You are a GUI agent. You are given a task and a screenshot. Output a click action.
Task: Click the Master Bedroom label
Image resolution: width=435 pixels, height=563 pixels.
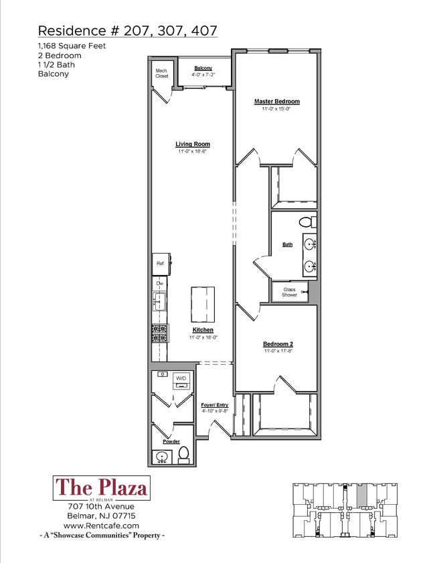pyautogui.click(x=276, y=101)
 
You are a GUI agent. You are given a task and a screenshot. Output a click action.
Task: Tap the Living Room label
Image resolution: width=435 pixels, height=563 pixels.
pyautogui.click(x=193, y=144)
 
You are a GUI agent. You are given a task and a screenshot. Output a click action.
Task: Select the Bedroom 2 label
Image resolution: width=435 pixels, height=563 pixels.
pyautogui.click(x=278, y=344)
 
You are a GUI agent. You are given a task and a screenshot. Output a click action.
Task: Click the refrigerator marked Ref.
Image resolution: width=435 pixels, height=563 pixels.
pyautogui.click(x=161, y=264)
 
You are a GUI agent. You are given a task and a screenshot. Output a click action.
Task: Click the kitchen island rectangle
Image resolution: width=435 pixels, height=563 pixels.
pyautogui.click(x=203, y=305)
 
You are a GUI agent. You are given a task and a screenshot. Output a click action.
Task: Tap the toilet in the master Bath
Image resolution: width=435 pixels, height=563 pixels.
pyautogui.click(x=308, y=222)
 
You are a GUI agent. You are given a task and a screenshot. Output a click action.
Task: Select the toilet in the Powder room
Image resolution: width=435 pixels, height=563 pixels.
pyautogui.click(x=184, y=454)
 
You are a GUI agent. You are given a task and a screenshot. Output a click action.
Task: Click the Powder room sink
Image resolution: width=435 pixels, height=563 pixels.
pyautogui.click(x=162, y=457)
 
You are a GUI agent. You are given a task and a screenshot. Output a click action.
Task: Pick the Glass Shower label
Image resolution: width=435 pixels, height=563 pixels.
pyautogui.click(x=289, y=293)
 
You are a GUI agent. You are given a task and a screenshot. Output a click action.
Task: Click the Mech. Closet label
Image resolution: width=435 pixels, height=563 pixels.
pyautogui.click(x=162, y=74)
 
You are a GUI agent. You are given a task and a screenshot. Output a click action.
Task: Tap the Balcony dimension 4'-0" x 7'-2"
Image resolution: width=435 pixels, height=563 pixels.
pyautogui.click(x=203, y=75)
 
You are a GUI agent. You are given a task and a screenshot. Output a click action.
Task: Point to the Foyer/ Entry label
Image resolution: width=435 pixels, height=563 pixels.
pyautogui.click(x=215, y=405)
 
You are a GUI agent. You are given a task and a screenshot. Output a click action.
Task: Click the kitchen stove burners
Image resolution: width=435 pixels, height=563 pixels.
pyautogui.click(x=159, y=333)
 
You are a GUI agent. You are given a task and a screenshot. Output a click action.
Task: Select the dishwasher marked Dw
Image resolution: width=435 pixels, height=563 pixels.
pyautogui.click(x=160, y=284)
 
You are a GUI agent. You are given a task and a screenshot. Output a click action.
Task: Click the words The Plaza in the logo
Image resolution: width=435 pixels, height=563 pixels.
pyautogui.click(x=102, y=487)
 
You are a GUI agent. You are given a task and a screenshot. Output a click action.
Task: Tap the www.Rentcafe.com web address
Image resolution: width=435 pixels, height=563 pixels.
pyautogui.click(x=101, y=526)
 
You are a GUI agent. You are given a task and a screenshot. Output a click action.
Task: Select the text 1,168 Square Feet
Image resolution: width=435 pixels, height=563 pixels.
pyautogui.click(x=72, y=46)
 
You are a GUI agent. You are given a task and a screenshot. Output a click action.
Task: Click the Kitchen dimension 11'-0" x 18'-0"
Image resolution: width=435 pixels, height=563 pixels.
pyautogui.click(x=203, y=337)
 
